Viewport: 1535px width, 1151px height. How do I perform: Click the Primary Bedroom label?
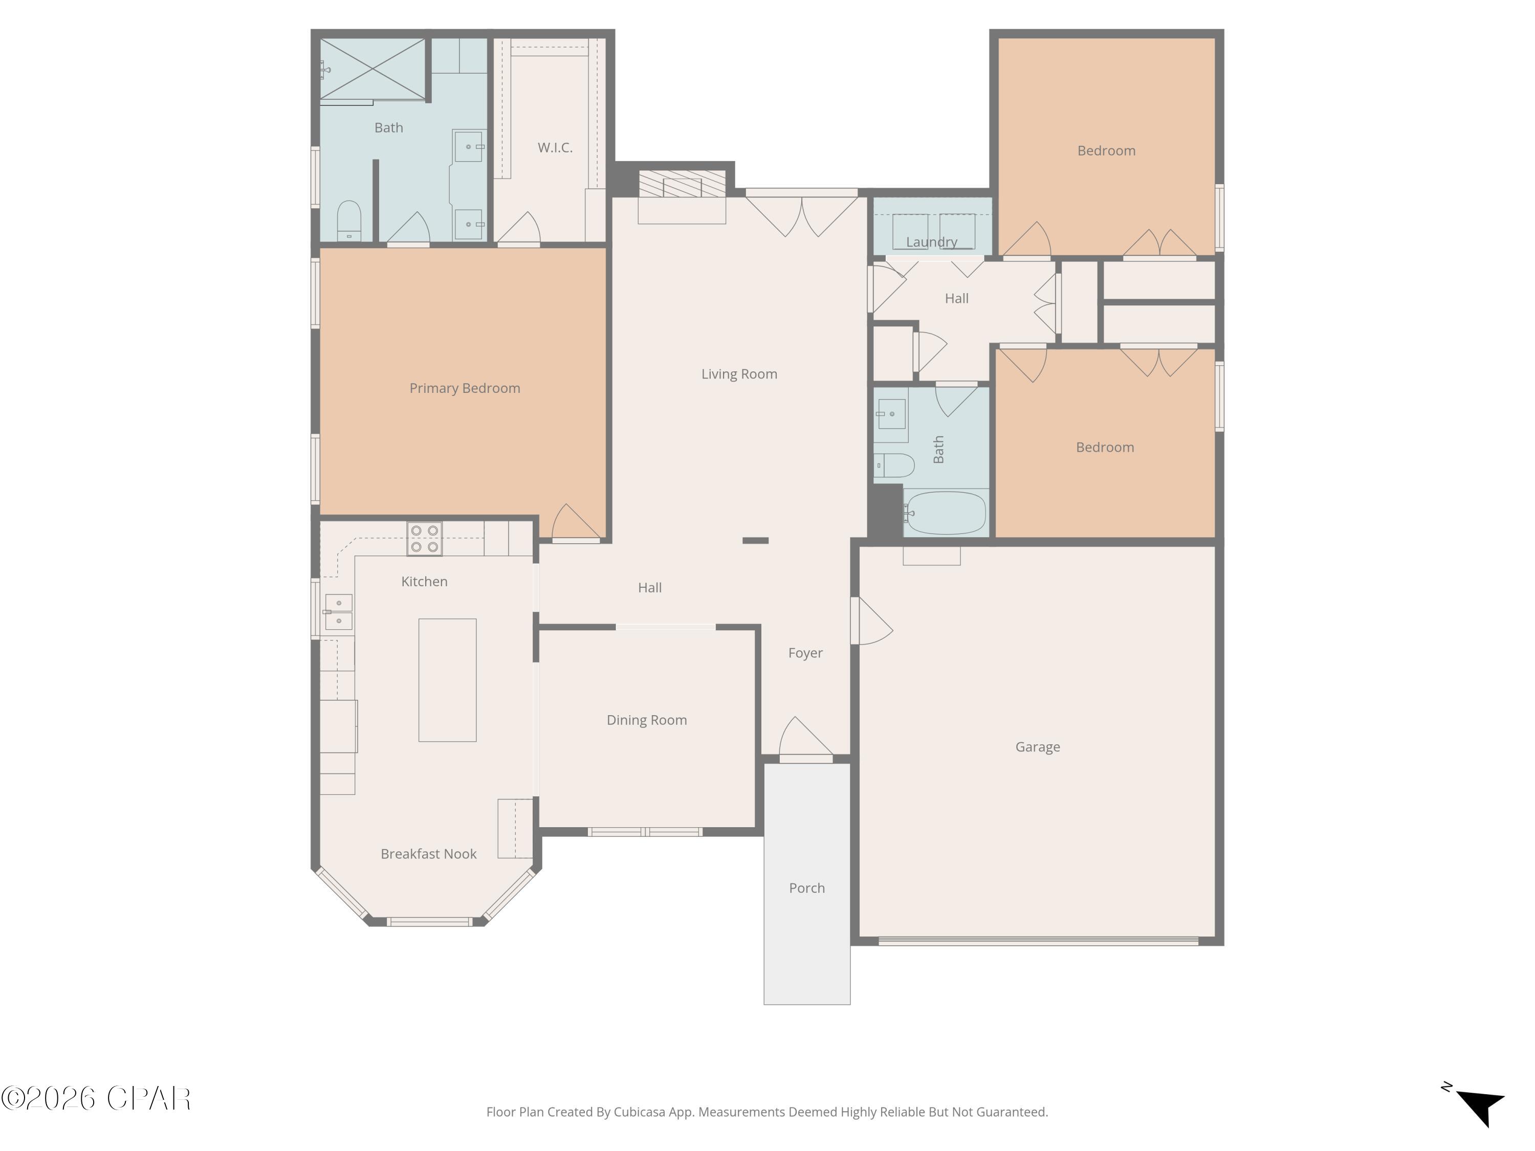(x=464, y=388)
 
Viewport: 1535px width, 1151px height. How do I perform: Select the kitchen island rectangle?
(x=447, y=680)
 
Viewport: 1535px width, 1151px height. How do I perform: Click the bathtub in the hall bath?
(x=945, y=513)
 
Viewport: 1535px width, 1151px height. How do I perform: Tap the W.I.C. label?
(x=555, y=147)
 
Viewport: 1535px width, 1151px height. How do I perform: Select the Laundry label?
(x=931, y=241)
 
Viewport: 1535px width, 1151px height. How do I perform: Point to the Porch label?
(x=806, y=888)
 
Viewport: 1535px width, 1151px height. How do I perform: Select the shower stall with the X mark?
(x=372, y=69)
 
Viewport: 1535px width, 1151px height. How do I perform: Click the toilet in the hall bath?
(x=894, y=465)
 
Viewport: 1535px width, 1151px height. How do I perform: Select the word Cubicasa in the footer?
(x=639, y=1112)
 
